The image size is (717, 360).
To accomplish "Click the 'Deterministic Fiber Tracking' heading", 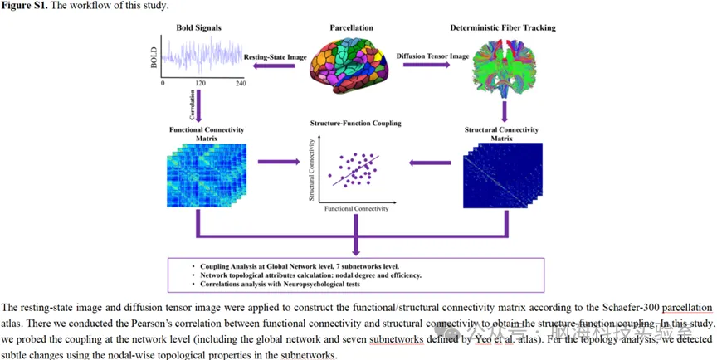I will [503, 28].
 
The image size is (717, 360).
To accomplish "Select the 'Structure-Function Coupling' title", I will [354, 124].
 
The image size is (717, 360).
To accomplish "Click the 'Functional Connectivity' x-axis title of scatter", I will [354, 209].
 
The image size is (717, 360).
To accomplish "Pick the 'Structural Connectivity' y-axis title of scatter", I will [311, 170].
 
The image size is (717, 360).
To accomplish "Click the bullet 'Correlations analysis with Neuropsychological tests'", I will [282, 284].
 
